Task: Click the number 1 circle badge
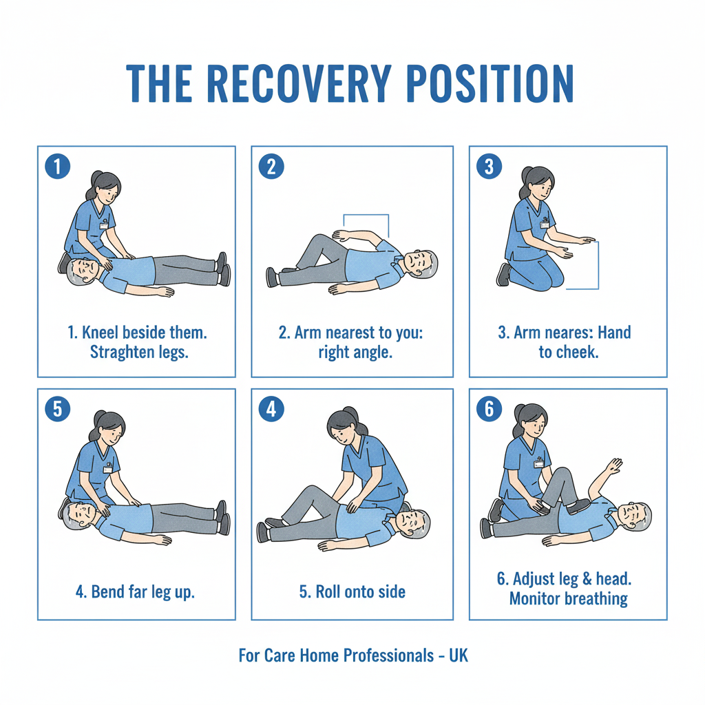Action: coord(57,166)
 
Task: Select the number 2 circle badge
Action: coord(271,166)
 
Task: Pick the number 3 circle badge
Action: coord(489,166)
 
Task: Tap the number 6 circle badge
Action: coord(489,409)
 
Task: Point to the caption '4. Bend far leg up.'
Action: coord(134,591)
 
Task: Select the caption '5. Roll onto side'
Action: coord(352,591)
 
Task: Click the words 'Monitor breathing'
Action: coord(568,598)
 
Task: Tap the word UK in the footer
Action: coord(458,655)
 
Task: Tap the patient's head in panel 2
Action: coord(419,262)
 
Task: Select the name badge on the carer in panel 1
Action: coord(104,224)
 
